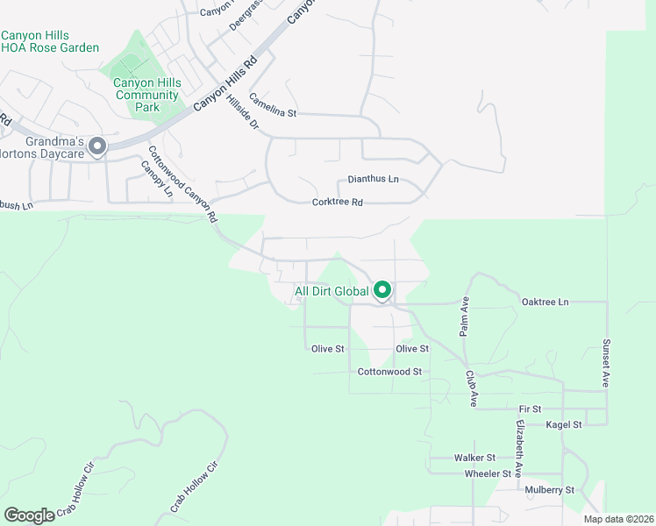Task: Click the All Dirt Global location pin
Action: point(382,288)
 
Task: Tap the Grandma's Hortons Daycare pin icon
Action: point(97,146)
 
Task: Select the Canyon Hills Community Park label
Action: point(147,95)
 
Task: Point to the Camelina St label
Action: point(273,105)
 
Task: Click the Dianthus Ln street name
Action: point(373,180)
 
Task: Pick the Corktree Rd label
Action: point(338,203)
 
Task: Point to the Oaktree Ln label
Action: point(545,302)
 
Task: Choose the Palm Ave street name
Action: point(465,315)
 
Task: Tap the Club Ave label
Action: point(472,387)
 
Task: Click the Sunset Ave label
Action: point(605,363)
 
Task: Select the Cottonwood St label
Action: point(389,372)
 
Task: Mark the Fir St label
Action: point(531,409)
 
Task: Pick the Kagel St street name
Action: point(564,425)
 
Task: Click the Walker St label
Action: point(474,458)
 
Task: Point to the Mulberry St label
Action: point(549,490)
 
